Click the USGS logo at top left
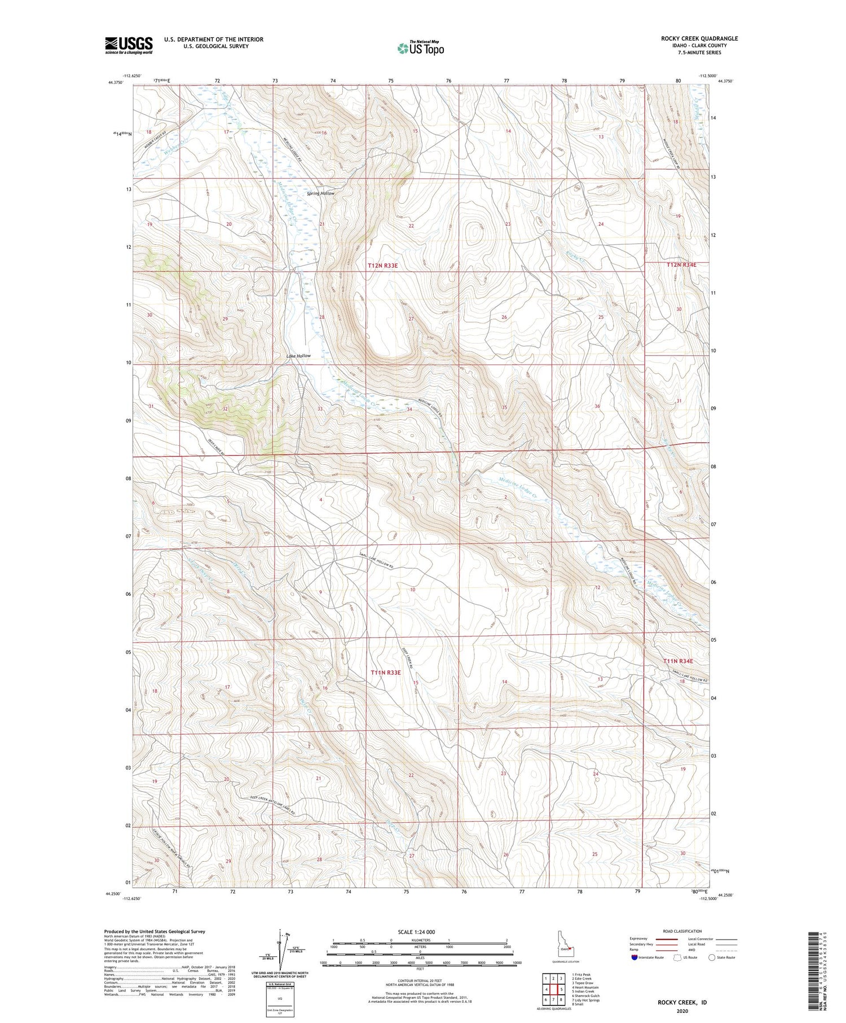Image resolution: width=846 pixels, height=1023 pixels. point(129,45)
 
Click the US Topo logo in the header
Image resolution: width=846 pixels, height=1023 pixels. point(420,48)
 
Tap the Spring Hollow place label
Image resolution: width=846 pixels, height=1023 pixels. point(320,194)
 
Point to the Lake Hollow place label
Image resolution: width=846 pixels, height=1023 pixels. point(298,356)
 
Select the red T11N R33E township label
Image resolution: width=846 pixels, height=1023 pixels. point(386,673)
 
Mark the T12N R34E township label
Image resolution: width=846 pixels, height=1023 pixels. point(681,265)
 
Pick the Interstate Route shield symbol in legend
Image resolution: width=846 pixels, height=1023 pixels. point(634,958)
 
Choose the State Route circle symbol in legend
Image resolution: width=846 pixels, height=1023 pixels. point(712,957)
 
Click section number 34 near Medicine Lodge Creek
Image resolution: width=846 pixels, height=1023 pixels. point(409,410)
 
